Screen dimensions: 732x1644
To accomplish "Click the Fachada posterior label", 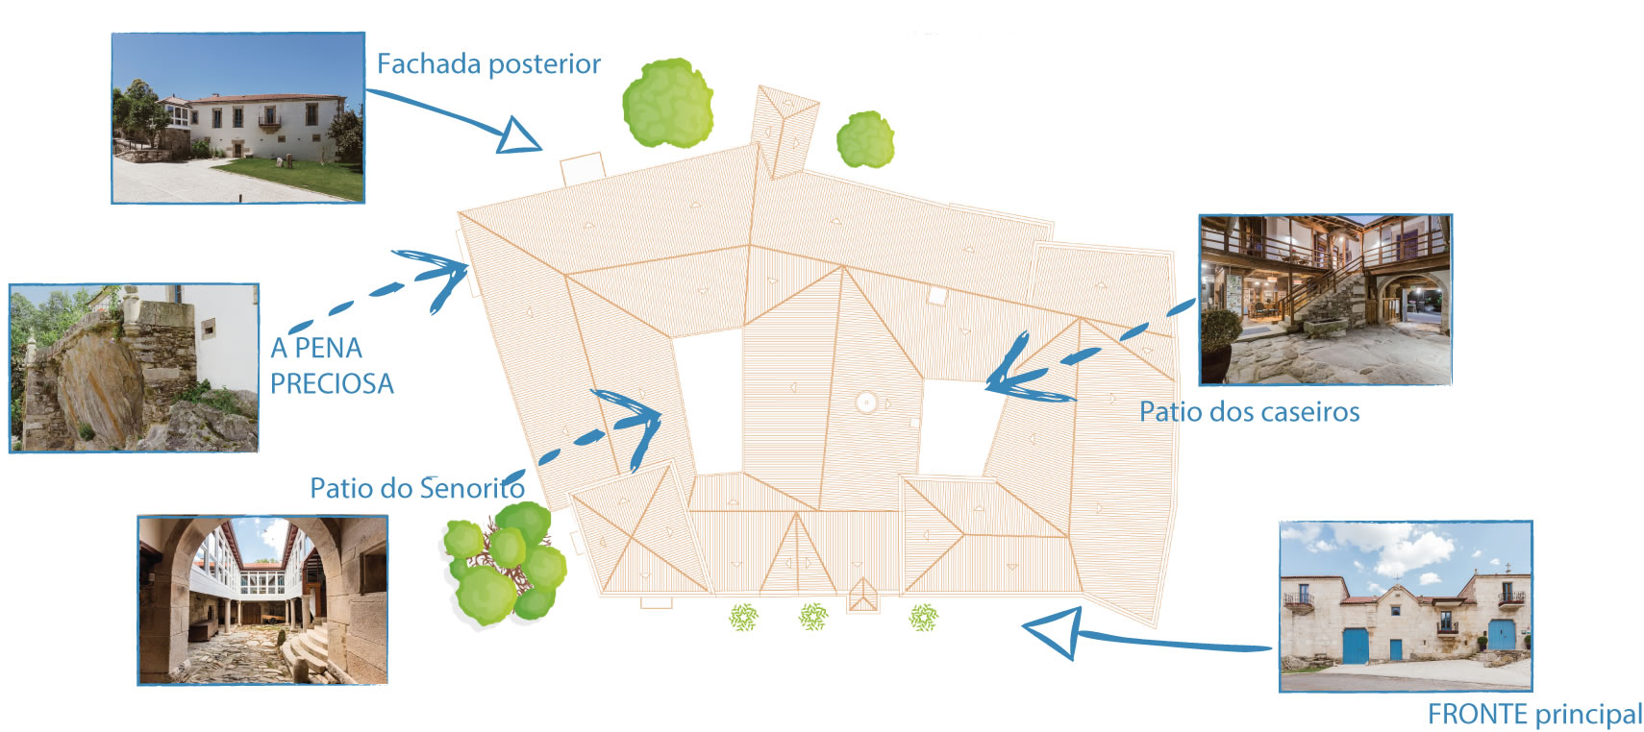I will (488, 64).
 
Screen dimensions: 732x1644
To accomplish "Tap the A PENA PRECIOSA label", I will (331, 365).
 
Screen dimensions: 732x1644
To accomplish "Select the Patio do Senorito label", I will (416, 488).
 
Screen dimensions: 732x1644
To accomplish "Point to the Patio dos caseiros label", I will (1249, 412).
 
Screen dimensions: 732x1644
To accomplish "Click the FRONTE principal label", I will (1534, 715).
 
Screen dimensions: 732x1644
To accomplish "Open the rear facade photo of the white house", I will (238, 118).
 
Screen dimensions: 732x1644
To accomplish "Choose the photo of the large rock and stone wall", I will (134, 367).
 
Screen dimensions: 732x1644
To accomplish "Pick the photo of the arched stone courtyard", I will (262, 599).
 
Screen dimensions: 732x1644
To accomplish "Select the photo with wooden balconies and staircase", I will (1325, 299).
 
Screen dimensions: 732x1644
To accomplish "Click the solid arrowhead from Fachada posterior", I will (518, 136).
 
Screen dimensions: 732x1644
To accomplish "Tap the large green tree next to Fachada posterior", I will (667, 103).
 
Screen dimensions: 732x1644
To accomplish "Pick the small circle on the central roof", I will (865, 403).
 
